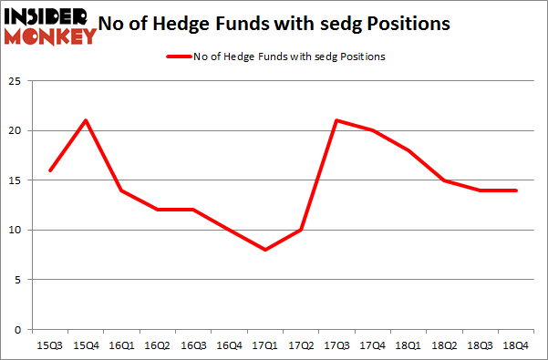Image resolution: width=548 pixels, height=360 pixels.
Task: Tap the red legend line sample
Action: [x=177, y=57]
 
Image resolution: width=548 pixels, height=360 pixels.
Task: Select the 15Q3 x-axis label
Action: [x=49, y=345]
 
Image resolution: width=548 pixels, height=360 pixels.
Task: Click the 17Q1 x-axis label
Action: [x=264, y=345]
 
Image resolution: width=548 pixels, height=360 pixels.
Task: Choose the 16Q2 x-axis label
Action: [x=156, y=345]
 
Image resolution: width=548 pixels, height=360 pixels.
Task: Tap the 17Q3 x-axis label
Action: [x=335, y=345]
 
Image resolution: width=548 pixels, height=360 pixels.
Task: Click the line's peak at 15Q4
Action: [x=85, y=121]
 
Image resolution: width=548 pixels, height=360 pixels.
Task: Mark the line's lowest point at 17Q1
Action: [x=264, y=250]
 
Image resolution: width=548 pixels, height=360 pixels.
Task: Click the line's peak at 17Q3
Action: [x=335, y=121]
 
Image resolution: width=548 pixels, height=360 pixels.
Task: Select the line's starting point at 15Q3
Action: [x=49, y=170]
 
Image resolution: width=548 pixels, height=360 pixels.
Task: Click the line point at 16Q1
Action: [x=120, y=190]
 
